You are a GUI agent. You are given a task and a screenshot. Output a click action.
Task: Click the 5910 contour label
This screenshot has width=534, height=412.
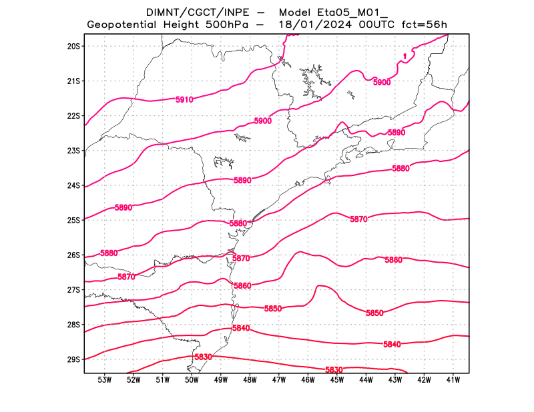pos(184,100)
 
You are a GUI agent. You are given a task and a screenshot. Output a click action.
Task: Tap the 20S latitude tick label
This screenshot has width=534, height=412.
pos(73,47)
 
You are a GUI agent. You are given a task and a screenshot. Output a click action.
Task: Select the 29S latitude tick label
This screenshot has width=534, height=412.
pos(73,360)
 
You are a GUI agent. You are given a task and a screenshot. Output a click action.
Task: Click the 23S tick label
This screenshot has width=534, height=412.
pos(73,151)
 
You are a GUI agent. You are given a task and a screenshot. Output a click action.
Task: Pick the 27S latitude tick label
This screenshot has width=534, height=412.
pos(73,290)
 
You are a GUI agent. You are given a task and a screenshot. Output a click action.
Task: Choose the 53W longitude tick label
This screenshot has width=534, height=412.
pos(104,380)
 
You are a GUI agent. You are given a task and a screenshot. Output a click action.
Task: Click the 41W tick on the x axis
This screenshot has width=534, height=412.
pos(453,380)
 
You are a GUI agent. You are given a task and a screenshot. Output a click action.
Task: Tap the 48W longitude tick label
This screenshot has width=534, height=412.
pos(250,380)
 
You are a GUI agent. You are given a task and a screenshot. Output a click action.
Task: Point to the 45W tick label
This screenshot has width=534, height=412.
pos(336,380)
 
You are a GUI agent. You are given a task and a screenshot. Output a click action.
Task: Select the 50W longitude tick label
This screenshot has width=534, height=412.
pos(192,380)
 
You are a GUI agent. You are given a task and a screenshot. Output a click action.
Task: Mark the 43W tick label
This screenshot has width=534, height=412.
pos(394,380)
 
